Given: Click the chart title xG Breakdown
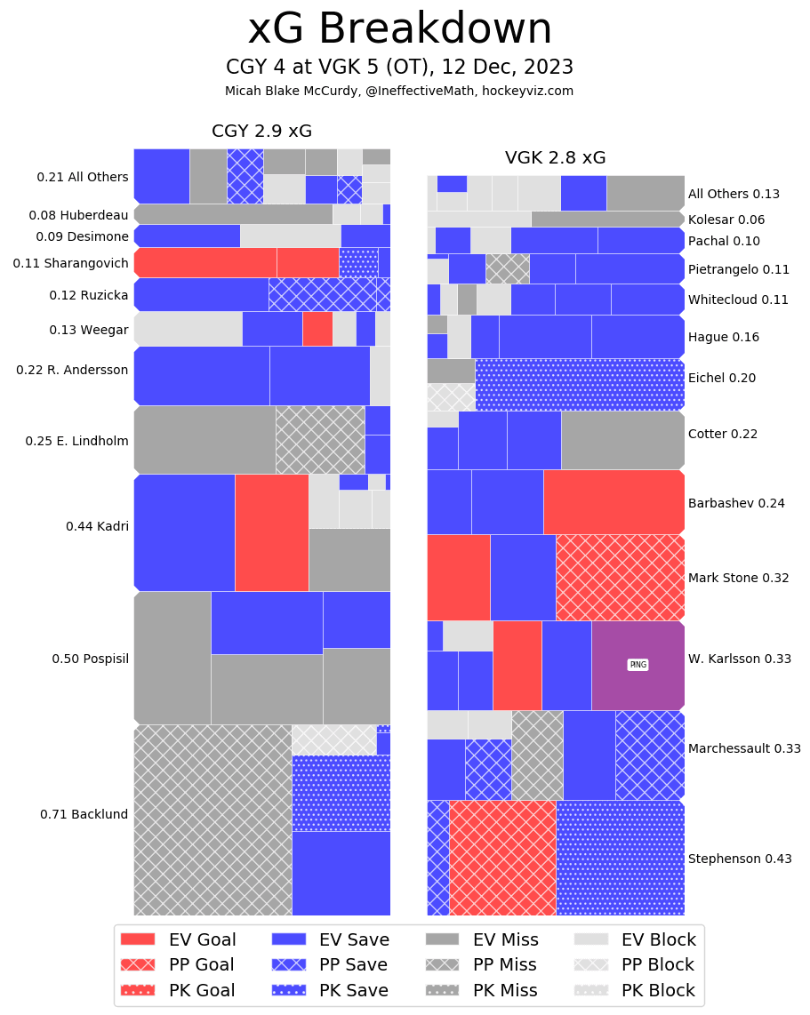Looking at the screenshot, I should coord(399,29).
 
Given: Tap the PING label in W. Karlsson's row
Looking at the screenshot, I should coord(638,665).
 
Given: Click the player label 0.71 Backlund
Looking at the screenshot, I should coord(84,814).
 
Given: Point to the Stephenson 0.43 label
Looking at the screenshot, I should coord(740,859).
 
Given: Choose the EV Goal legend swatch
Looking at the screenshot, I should coord(137,939).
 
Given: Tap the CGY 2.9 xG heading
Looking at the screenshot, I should coord(261,132).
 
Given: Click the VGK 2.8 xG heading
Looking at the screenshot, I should coord(555,158).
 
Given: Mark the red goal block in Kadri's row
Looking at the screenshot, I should coord(271,532).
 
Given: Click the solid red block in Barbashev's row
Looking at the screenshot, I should coord(614,502).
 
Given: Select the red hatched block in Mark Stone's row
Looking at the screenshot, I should coord(620,577).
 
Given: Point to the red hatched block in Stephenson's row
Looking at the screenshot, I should coord(502,858).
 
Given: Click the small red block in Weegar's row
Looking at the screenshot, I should coord(317,329).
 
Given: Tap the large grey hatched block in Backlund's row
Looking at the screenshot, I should coord(213,819).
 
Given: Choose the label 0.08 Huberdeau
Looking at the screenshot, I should coord(78,215).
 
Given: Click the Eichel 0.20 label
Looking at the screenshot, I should coord(722,378).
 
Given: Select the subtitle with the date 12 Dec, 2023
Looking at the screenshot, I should coord(399,68).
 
